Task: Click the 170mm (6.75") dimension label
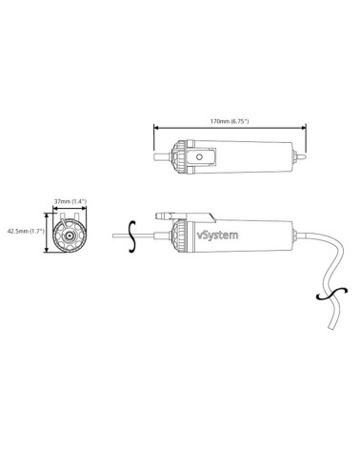click(x=230, y=121)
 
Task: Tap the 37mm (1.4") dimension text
click(x=70, y=202)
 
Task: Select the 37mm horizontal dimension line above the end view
click(x=70, y=209)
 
